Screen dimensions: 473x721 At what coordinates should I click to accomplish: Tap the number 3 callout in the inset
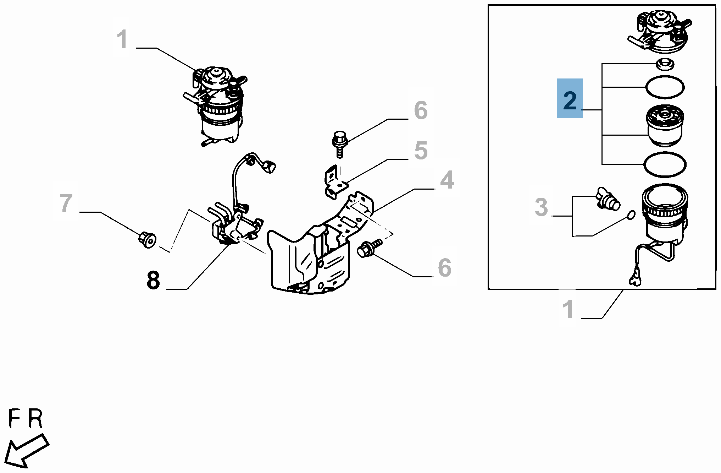point(541,207)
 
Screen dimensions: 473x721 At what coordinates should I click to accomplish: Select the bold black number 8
point(153,281)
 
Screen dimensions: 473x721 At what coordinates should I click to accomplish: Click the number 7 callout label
point(66,203)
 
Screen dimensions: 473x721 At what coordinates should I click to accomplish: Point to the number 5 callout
point(421,151)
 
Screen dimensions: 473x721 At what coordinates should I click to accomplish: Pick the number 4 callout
point(447,180)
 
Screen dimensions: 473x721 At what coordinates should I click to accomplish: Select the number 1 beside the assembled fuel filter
point(122,39)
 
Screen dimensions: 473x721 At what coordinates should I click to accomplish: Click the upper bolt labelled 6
point(339,142)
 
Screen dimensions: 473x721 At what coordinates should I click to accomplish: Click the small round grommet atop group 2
point(665,64)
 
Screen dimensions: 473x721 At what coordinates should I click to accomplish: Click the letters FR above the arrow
point(25,419)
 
